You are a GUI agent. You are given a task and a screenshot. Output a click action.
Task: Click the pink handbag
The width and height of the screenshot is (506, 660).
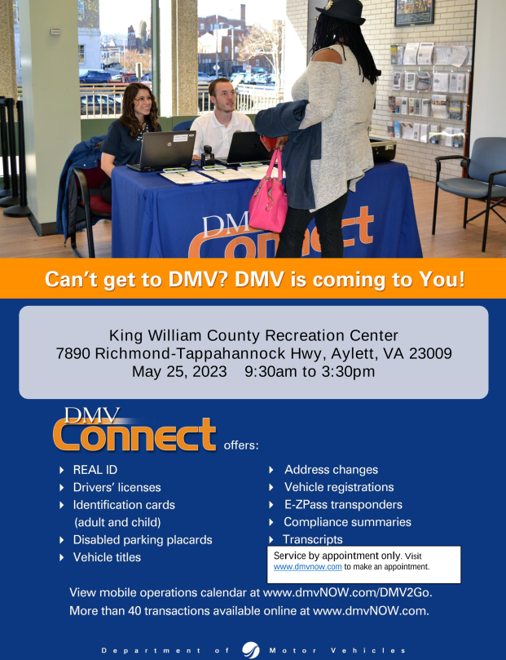[268, 202]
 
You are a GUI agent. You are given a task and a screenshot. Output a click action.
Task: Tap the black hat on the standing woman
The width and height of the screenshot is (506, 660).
[342, 11]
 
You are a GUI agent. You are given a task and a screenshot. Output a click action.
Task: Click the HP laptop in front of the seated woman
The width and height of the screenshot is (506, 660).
[163, 151]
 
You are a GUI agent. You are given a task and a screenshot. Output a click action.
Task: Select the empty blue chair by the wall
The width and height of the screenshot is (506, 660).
[470, 182]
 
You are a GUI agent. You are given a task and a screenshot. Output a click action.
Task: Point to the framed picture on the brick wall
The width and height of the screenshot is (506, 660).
[414, 11]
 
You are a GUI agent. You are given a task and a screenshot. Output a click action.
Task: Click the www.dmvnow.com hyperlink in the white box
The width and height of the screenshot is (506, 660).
[308, 566]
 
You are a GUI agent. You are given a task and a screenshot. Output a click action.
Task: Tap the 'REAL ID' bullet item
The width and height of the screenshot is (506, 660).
[95, 470]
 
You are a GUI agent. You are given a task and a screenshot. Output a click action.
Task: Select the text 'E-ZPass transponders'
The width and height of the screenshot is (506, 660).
[343, 504]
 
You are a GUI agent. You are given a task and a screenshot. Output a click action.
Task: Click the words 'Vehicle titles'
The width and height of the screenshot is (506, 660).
[107, 557]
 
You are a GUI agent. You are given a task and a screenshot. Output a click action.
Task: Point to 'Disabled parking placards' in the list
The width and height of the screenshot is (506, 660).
[143, 540]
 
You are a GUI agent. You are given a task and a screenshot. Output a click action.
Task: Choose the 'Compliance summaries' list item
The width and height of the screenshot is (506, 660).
[348, 522]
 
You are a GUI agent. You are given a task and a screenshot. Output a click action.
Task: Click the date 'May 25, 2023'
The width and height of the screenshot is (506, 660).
[179, 372]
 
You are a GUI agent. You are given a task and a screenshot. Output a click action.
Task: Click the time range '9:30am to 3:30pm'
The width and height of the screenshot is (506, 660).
[310, 372]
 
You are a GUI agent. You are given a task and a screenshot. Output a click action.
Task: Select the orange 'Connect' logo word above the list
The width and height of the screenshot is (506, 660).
[134, 434]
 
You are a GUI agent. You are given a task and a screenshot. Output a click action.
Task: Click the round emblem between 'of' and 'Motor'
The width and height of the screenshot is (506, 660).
[250, 650]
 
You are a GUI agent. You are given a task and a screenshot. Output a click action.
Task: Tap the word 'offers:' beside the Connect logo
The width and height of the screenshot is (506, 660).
[241, 445]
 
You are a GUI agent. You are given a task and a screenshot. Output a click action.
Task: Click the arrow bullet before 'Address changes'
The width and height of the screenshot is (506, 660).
[271, 470]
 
